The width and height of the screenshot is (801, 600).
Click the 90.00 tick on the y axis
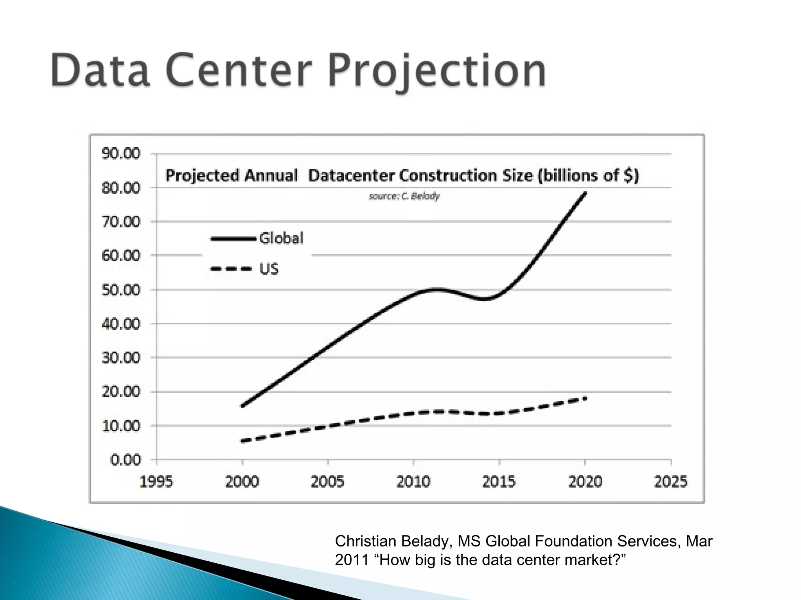pyautogui.click(x=121, y=154)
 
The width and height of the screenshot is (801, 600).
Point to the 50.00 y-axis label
pyautogui.click(x=121, y=290)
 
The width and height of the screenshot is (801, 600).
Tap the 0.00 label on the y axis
pyautogui.click(x=125, y=460)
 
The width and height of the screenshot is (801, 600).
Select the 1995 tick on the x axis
pyautogui.click(x=156, y=481)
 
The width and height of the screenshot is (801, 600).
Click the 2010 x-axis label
pyautogui.click(x=413, y=481)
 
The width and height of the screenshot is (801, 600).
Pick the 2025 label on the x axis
pyautogui.click(x=670, y=481)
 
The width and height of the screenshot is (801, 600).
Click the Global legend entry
pyautogui.click(x=281, y=238)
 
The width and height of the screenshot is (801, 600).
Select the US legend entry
pyautogui.click(x=269, y=269)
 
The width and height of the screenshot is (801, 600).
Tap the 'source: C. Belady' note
pyautogui.click(x=404, y=196)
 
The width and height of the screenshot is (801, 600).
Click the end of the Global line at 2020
pyautogui.click(x=585, y=193)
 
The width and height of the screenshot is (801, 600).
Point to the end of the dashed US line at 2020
pyautogui.click(x=585, y=398)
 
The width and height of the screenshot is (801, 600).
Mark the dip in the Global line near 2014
pyautogui.click(x=485, y=299)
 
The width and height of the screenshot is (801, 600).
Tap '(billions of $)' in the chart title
pyautogui.click(x=588, y=175)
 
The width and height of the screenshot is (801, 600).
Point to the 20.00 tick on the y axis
pyautogui.click(x=121, y=391)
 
